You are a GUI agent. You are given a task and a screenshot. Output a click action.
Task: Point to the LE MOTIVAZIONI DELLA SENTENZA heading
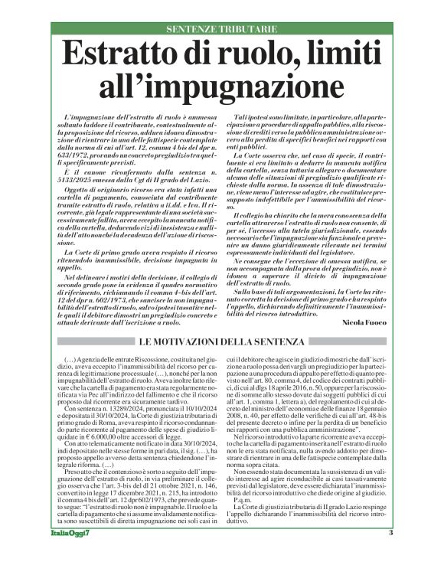222,339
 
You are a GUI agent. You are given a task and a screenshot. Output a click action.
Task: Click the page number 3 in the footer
390,554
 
